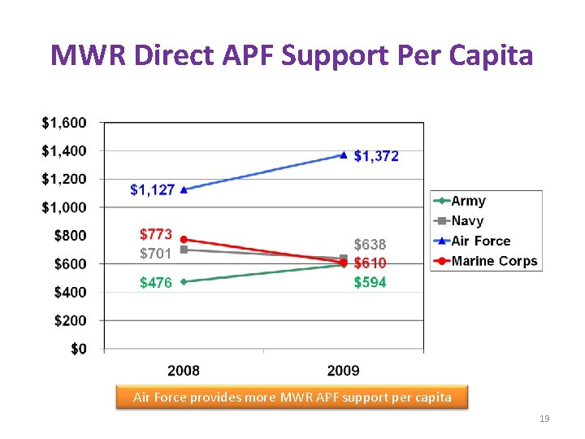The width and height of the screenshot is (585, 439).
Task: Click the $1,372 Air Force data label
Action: [376, 156]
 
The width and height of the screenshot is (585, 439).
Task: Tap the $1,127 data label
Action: [152, 189]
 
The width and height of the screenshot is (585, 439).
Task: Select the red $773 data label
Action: [155, 235]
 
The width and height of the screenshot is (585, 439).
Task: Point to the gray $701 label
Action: [155, 254]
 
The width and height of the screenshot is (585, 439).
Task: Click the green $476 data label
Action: [155, 283]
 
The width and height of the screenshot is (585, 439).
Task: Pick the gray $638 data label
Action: [370, 245]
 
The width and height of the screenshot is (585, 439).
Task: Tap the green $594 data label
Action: [370, 282]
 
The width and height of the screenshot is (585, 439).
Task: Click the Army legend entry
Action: [468, 201]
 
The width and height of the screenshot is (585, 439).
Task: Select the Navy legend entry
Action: [467, 221]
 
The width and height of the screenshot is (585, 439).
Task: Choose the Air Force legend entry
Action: [480, 241]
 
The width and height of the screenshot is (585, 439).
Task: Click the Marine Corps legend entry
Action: [494, 261]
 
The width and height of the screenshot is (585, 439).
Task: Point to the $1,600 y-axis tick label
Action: [63, 123]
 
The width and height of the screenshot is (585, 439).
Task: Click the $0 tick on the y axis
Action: [77, 349]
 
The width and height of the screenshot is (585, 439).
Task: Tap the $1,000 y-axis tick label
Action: [63, 207]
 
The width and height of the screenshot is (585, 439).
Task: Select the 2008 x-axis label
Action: [184, 371]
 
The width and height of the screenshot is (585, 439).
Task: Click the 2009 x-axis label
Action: [343, 371]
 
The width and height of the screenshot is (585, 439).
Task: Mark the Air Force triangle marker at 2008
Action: [184, 189]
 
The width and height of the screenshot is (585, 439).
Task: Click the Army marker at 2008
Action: [184, 282]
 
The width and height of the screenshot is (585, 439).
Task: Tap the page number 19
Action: [544, 419]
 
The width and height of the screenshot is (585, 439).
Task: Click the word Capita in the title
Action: [487, 55]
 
